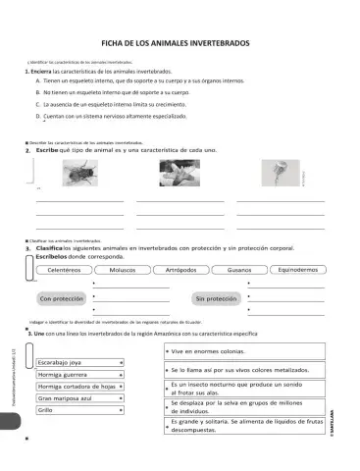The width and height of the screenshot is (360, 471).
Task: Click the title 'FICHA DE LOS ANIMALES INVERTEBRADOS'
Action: [x=176, y=44]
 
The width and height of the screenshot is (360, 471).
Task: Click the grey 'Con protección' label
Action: [x=61, y=298]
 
